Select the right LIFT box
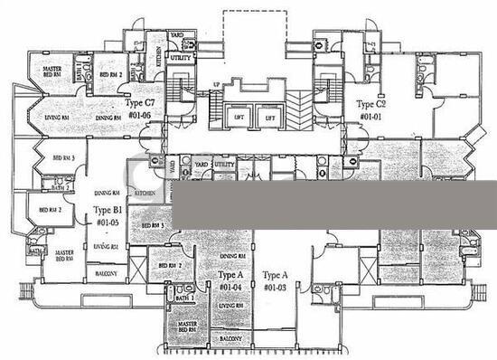pos(269,118)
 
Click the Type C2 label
pos(370,104)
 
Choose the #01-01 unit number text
pos(370,117)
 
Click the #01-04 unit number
pos(230,287)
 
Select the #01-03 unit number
pos(274,287)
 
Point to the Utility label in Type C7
pos(180,58)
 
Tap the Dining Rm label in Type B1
pos(107,193)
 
